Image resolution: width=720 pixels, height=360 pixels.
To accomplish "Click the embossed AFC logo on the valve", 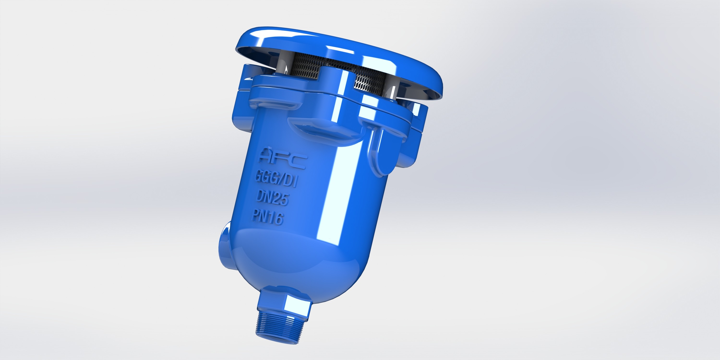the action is [283, 159].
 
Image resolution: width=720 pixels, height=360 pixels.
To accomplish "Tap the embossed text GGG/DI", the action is [276, 179].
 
